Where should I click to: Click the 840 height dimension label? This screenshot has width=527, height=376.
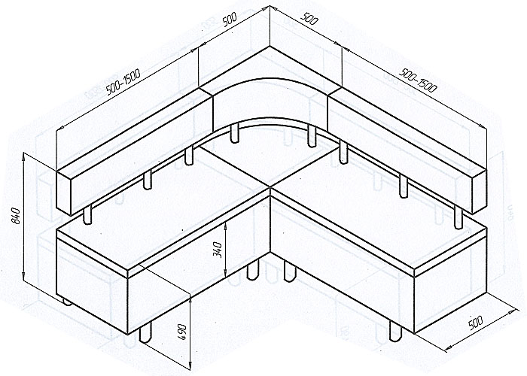point(16,216)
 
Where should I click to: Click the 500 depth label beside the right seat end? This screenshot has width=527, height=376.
point(475,323)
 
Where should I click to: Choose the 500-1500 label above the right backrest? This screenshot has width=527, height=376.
point(418,80)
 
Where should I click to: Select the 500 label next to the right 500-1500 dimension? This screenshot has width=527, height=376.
point(309,19)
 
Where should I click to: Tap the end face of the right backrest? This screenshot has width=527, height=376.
point(480,191)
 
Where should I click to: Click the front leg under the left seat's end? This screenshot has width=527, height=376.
point(145,332)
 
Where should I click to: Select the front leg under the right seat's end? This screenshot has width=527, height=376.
point(395,332)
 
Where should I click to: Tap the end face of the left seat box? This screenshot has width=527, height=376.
point(92,285)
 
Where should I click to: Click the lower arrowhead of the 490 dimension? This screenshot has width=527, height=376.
point(190,365)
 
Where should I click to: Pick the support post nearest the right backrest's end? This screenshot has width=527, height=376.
point(458,217)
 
